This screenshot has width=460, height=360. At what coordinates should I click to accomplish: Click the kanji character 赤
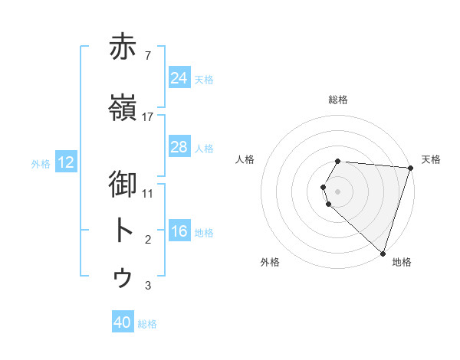tap(123, 47)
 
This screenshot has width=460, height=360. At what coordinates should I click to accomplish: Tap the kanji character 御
tap(123, 185)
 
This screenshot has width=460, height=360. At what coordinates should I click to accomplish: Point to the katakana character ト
tap(123, 231)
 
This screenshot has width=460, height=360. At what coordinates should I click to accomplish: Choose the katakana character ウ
tap(123, 277)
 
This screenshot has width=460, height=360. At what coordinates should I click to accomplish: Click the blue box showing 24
tap(179, 78)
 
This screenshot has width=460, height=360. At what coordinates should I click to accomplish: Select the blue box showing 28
tap(179, 147)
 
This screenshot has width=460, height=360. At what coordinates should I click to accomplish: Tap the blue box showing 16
tap(179, 231)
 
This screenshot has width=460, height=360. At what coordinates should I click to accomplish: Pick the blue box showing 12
tap(66, 162)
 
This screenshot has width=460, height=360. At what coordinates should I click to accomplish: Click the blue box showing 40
tap(123, 323)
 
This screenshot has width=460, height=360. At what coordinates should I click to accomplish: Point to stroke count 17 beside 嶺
tap(148, 116)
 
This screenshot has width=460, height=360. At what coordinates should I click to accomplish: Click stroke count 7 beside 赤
tap(147, 55)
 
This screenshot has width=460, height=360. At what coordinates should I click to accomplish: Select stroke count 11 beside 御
tap(148, 193)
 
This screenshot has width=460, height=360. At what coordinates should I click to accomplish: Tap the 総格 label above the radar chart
tap(338, 100)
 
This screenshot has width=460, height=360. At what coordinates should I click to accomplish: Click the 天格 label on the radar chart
tap(432, 159)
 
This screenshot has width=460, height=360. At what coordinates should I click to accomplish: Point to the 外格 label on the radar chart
tap(270, 262)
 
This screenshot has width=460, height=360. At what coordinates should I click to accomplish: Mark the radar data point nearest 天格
tap(410, 168)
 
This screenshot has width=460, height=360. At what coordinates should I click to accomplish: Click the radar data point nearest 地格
tap(383, 253)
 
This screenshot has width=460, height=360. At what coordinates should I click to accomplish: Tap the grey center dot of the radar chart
tap(338, 191)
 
